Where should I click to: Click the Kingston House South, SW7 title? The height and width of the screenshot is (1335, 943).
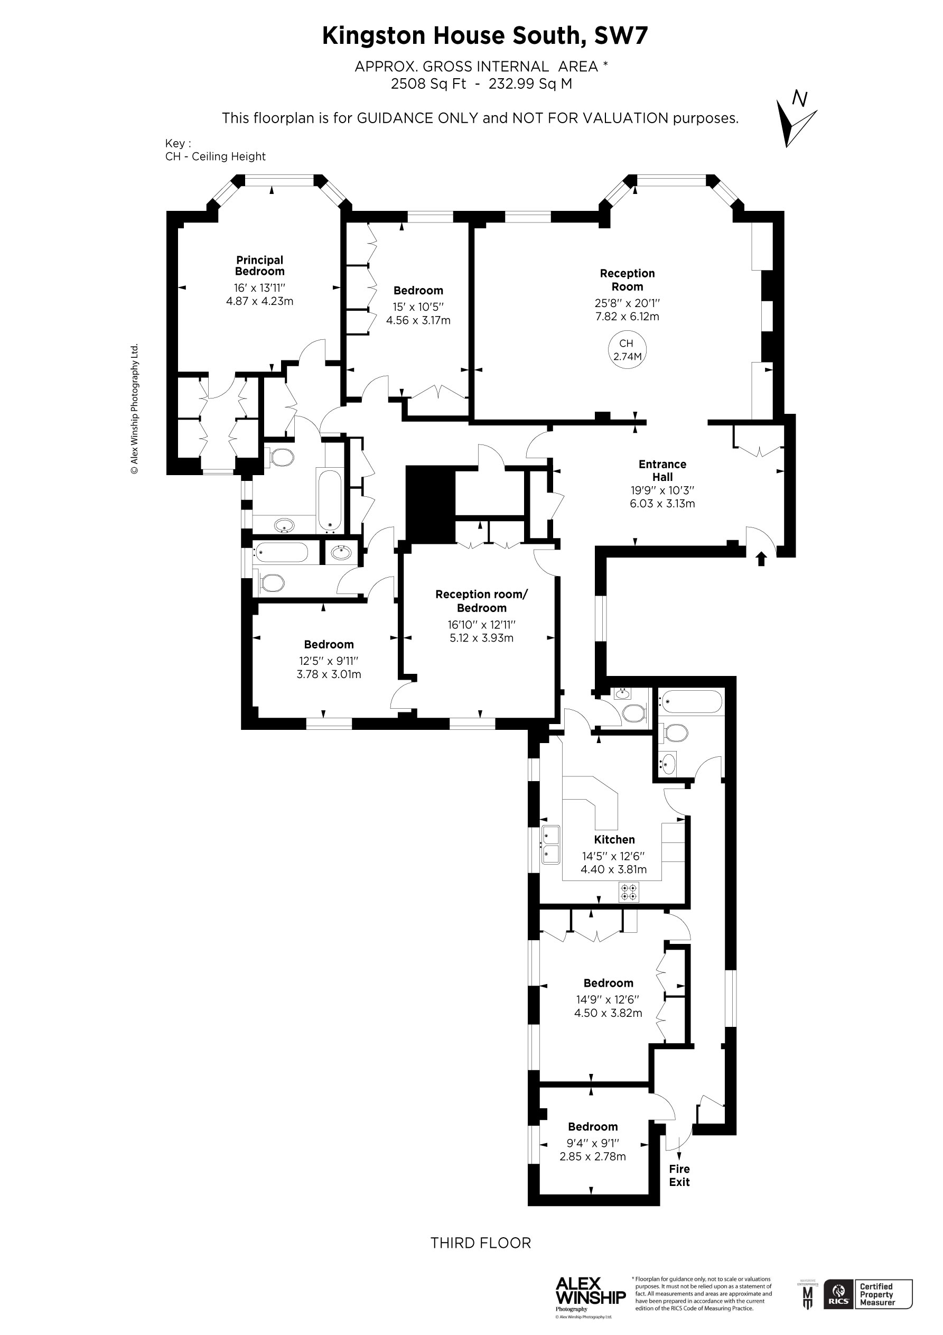coord(484,36)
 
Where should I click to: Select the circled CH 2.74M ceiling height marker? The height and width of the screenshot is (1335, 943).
coord(627,350)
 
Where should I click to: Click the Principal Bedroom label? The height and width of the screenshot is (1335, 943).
coord(259,266)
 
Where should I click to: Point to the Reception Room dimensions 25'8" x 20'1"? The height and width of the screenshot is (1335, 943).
coord(627,303)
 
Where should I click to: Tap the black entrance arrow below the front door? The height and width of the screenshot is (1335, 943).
coord(761,559)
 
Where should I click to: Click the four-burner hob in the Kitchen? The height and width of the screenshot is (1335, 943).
coord(629,892)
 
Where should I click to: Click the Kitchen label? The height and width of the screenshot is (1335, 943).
coord(614,840)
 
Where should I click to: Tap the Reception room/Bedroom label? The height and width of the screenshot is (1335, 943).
coord(481,600)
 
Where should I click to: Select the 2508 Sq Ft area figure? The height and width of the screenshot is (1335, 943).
coord(428,84)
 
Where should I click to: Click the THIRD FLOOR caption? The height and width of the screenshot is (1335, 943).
coord(480,1243)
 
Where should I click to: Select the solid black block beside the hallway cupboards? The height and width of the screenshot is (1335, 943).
coord(430,504)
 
